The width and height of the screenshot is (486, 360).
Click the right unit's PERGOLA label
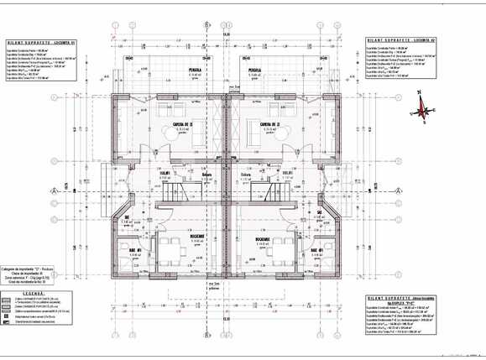253,70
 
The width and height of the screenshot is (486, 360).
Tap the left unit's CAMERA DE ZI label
184,124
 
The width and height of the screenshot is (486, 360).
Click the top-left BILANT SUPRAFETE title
39,40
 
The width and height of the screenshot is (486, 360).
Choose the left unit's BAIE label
134,250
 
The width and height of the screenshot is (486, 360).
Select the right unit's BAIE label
318,250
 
